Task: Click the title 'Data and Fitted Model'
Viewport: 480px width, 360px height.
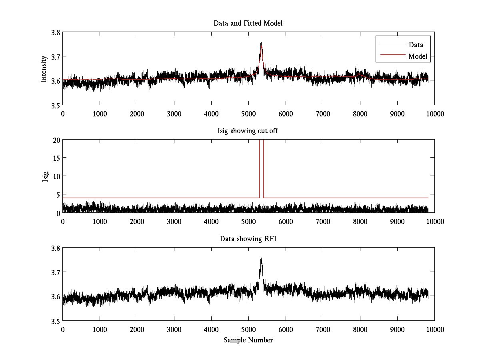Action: pyautogui.click(x=248, y=23)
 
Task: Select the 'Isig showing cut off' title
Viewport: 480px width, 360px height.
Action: pyautogui.click(x=248, y=131)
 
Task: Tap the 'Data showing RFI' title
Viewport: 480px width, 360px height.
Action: pyautogui.click(x=248, y=239)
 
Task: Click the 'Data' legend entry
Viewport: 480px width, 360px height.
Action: pyautogui.click(x=416, y=45)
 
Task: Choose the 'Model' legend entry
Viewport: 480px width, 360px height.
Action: pyautogui.click(x=418, y=56)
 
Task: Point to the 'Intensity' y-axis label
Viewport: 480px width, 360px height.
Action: pyautogui.click(x=44, y=69)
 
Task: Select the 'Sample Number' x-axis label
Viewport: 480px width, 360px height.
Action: pyautogui.click(x=248, y=340)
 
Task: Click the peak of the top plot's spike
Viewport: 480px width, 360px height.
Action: pyautogui.click(x=261, y=42)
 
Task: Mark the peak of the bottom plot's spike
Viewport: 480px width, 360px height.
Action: pyautogui.click(x=261, y=258)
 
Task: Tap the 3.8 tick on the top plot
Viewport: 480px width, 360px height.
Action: pyautogui.click(x=55, y=33)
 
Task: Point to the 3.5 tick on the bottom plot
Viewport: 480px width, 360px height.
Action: pyautogui.click(x=55, y=321)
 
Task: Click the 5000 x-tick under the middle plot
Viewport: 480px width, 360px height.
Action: pyautogui.click(x=248, y=221)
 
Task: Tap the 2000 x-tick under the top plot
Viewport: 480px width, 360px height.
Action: pyautogui.click(x=137, y=114)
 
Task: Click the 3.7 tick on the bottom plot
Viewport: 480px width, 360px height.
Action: pyautogui.click(x=55, y=272)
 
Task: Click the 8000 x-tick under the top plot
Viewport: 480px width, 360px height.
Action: pyautogui.click(x=360, y=114)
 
